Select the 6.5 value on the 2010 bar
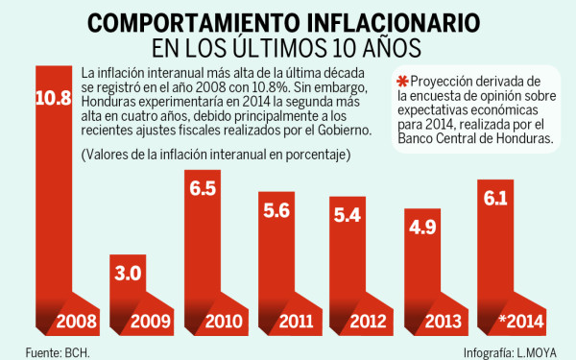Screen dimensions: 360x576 204,190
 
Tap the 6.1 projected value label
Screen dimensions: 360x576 496,200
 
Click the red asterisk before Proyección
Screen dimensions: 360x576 402,81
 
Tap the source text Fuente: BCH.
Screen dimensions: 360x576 51,349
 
